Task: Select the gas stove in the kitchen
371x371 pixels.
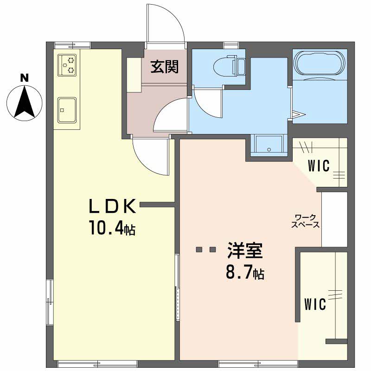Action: click(x=68, y=65)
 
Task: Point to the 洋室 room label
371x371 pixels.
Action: click(x=245, y=250)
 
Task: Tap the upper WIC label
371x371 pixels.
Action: click(x=319, y=165)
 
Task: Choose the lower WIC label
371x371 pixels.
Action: click(x=315, y=304)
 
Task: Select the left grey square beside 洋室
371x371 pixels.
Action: click(x=199, y=249)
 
